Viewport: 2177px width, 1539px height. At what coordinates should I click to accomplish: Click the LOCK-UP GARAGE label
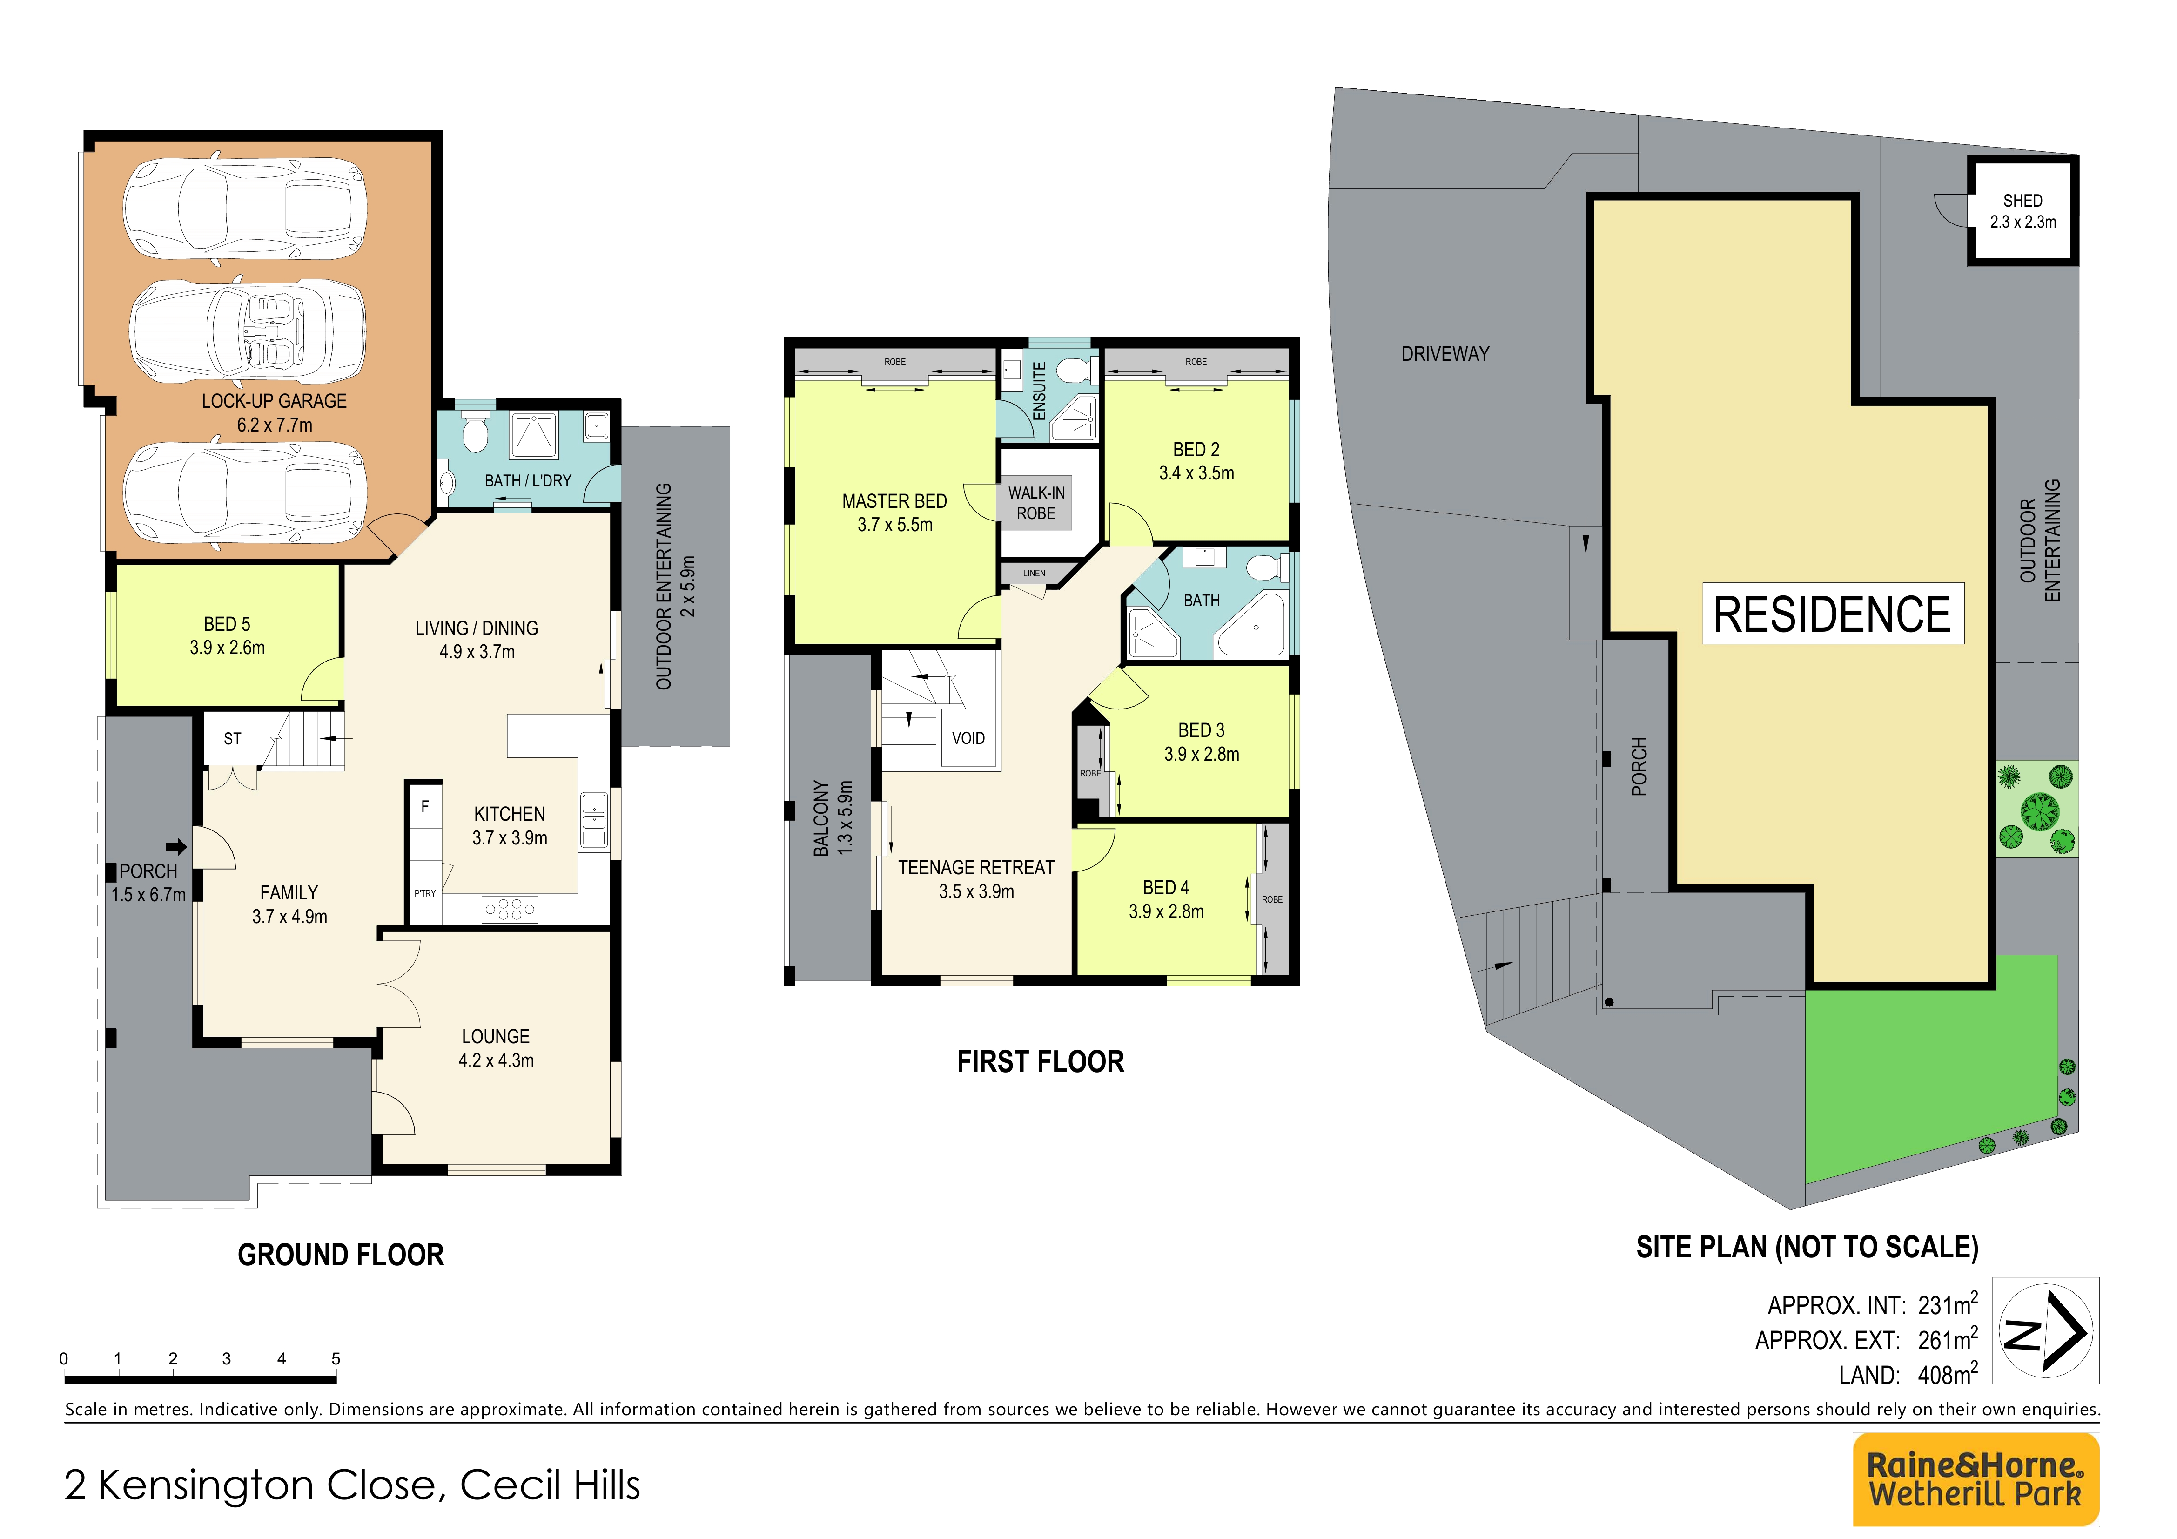tap(274, 412)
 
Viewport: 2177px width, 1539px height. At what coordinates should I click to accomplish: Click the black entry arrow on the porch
tap(176, 847)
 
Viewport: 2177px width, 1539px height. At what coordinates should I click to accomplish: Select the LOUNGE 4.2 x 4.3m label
tap(496, 1048)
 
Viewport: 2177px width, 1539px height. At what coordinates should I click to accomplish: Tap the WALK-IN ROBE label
tap(1036, 503)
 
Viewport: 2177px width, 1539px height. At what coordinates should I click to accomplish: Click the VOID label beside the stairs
tap(968, 738)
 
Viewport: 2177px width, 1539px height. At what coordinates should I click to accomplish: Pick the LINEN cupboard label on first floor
tap(1035, 573)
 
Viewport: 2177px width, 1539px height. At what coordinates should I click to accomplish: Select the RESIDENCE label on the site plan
tap(1832, 614)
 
